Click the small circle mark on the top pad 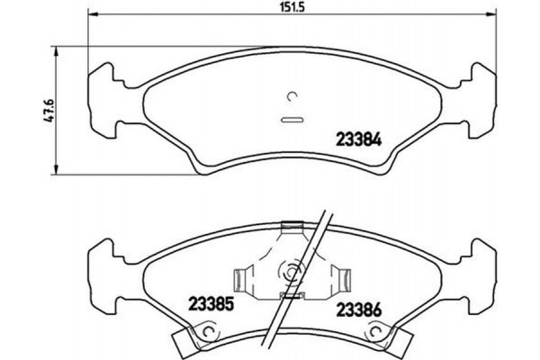(x=292, y=98)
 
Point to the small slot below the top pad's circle (x=292, y=119)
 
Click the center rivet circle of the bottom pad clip (x=292, y=269)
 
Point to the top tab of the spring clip (x=292, y=226)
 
